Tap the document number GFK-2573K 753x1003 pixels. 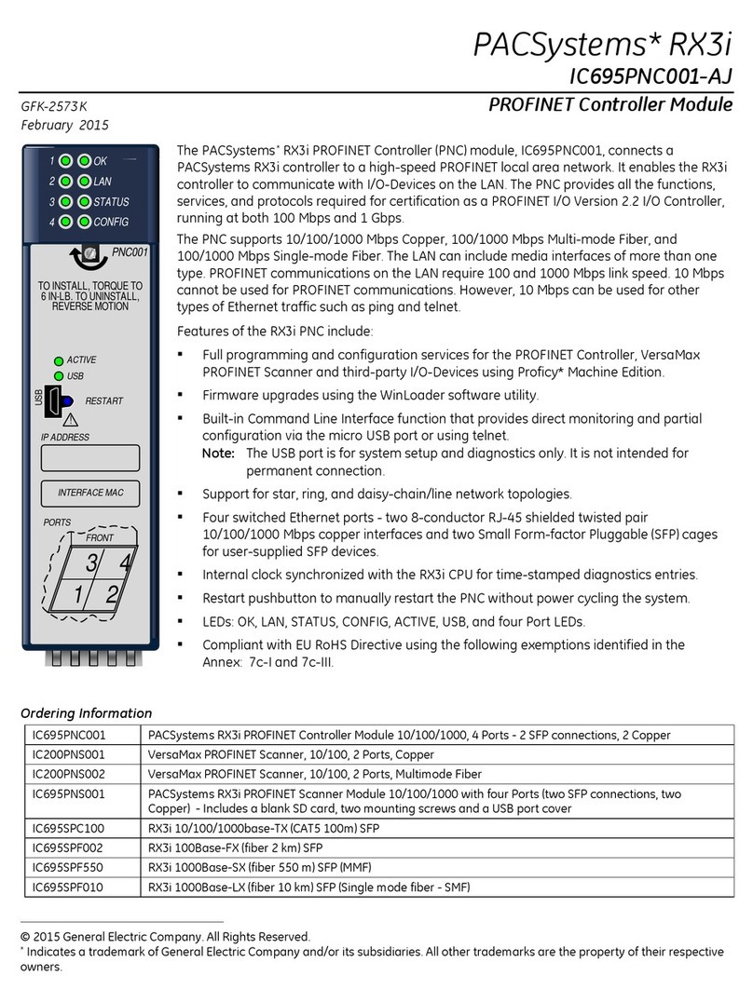[60, 107]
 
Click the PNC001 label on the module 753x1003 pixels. [130, 251]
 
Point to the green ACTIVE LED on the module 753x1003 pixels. [58, 359]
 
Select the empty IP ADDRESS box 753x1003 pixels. [89, 457]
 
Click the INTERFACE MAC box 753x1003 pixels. [89, 493]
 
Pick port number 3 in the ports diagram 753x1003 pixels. [91, 563]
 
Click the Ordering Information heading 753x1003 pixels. [86, 713]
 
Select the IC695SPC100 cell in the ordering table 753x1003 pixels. [68, 827]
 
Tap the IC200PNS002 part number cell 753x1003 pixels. [68, 775]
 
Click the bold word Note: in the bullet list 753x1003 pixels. [219, 453]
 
